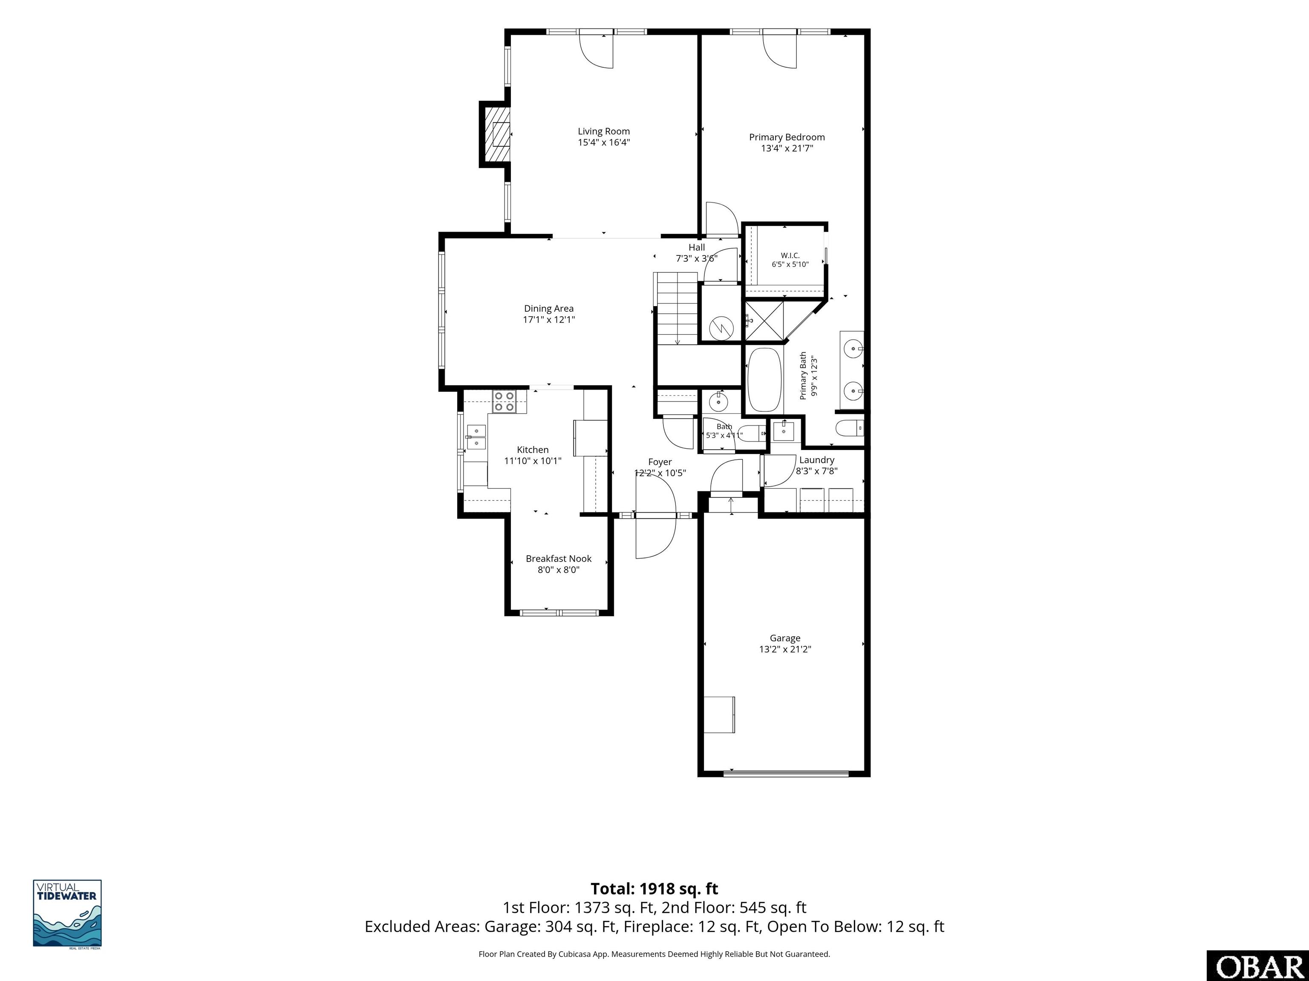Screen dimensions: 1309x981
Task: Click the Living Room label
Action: pos(604,131)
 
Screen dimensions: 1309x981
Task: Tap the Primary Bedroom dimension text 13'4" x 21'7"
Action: pos(787,148)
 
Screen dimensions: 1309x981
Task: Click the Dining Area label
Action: pos(548,308)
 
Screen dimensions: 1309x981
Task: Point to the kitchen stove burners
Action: pos(504,402)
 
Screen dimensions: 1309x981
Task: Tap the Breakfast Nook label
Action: pos(559,559)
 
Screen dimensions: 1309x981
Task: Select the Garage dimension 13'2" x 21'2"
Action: pos(785,649)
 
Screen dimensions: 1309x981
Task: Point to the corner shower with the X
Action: pos(764,321)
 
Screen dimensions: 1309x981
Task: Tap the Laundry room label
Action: pos(817,460)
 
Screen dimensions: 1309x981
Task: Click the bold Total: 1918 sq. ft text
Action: pos(654,889)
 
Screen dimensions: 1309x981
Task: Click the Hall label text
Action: pos(697,247)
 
